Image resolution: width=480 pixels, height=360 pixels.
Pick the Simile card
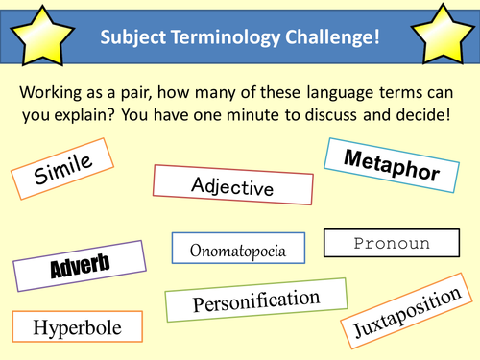64,176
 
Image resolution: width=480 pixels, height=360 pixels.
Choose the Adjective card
232,184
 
